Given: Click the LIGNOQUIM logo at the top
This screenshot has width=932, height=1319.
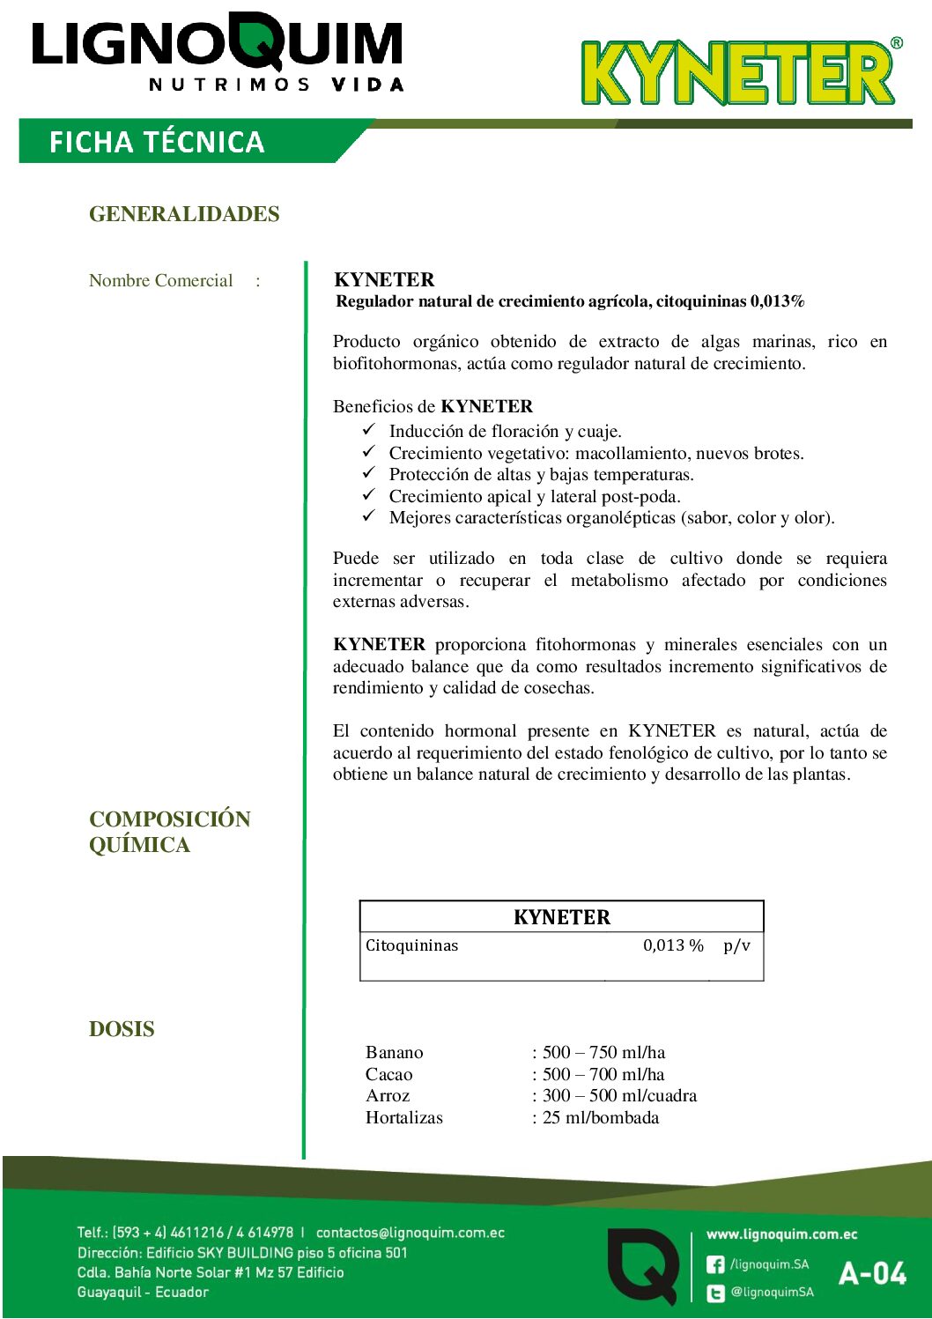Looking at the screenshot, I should pyautogui.click(x=218, y=51).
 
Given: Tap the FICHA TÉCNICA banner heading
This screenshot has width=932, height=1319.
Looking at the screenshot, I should pyautogui.click(x=157, y=142).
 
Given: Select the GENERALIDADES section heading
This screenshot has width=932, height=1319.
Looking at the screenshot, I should pyautogui.click(x=184, y=214).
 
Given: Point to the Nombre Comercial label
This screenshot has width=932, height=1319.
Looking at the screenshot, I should pyautogui.click(x=161, y=281).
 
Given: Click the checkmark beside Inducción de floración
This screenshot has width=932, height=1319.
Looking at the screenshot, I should pyautogui.click(x=369, y=430).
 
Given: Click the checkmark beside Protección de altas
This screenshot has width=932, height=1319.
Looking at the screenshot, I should pyautogui.click(x=369, y=473).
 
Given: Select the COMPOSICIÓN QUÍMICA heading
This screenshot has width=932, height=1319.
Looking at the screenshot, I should pyautogui.click(x=169, y=831).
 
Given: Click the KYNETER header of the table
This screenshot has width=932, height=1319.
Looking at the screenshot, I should pyautogui.click(x=561, y=917).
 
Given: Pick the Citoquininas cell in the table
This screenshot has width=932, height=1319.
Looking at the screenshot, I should pyautogui.click(x=412, y=945).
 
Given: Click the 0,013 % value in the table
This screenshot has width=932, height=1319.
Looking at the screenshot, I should pyautogui.click(x=673, y=945).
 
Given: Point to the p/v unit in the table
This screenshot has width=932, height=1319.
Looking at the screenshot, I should pyautogui.click(x=736, y=945).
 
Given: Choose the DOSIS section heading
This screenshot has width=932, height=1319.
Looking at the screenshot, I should pyautogui.click(x=122, y=1029).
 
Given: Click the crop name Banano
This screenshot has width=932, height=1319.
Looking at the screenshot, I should pyautogui.click(x=395, y=1053).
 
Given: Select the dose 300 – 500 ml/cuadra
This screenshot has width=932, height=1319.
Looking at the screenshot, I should pyautogui.click(x=619, y=1096).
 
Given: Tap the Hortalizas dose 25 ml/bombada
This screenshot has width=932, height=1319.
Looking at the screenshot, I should pyautogui.click(x=601, y=1118).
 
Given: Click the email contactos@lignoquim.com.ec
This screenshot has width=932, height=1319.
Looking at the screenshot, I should pyautogui.click(x=411, y=1233).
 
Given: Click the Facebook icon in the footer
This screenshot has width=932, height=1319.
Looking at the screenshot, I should pyautogui.click(x=715, y=1264).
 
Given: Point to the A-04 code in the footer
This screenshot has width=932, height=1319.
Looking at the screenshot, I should pyautogui.click(x=872, y=1274).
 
